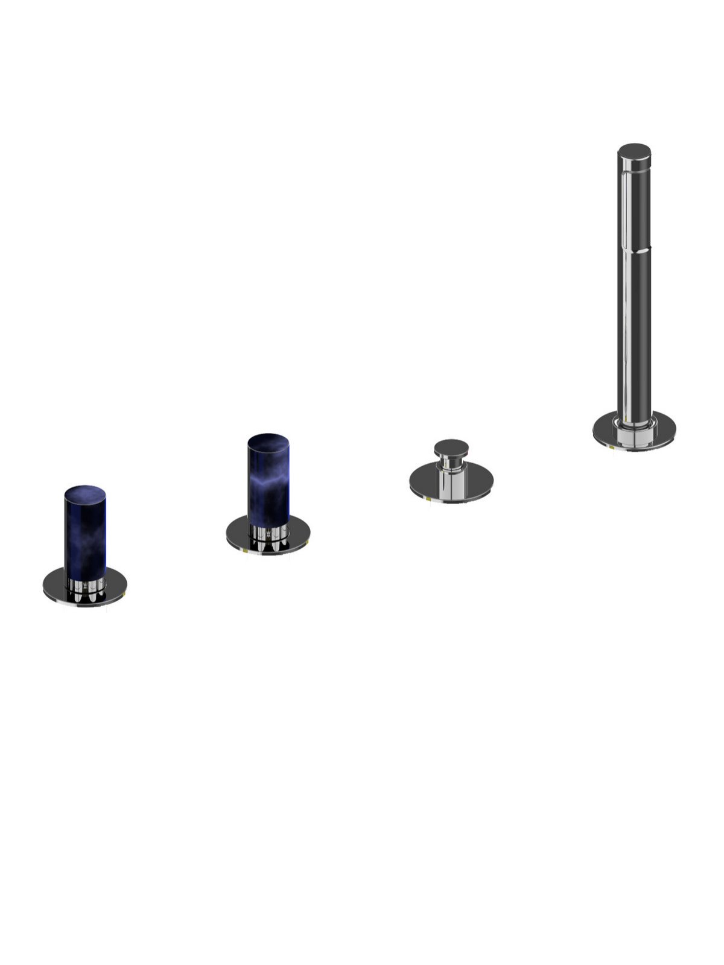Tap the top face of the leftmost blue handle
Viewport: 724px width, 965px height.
[85, 492]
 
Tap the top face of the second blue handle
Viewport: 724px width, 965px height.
[268, 440]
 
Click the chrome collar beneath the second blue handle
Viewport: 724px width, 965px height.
[269, 531]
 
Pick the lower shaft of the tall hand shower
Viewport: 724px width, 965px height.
[634, 332]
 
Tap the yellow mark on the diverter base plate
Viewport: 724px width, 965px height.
[429, 499]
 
